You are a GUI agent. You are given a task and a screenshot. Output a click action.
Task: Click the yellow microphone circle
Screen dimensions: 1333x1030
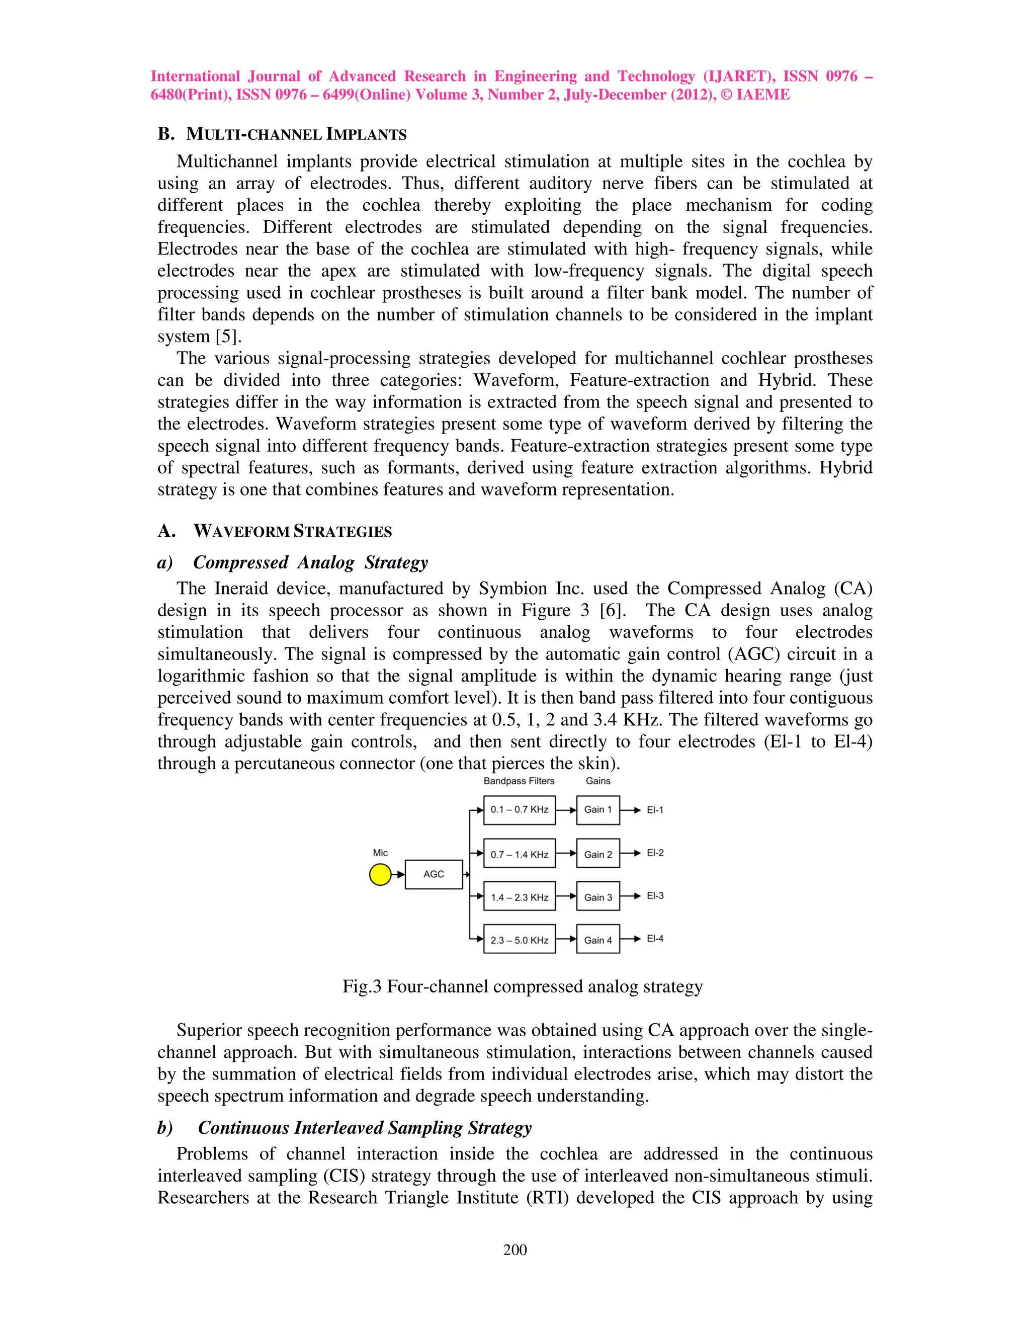pos(380,874)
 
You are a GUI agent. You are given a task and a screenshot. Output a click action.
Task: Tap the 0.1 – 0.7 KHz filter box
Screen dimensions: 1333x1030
pos(519,810)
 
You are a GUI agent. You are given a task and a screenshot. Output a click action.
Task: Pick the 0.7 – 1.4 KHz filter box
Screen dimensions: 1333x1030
pos(519,854)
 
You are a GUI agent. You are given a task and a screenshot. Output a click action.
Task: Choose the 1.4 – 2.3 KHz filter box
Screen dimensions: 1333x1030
pos(519,896)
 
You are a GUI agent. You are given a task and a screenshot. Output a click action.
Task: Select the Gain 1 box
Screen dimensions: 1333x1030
pos(597,810)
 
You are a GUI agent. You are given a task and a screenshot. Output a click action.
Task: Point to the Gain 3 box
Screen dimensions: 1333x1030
pos(597,896)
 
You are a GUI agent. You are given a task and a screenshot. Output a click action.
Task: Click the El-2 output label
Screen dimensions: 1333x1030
pos(655,853)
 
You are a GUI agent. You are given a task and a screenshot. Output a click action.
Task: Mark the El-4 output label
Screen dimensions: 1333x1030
pos(655,938)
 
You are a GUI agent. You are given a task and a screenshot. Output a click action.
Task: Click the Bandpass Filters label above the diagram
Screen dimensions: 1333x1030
pos(519,781)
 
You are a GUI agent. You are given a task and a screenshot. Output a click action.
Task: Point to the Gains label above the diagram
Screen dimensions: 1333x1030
pos(598,781)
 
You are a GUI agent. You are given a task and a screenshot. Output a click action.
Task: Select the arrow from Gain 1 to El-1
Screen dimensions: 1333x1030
pos(630,810)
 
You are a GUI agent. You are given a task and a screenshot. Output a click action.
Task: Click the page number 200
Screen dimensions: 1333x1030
pos(515,1249)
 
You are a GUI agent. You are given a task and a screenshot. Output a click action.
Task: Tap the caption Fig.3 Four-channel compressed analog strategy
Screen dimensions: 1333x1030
pos(523,986)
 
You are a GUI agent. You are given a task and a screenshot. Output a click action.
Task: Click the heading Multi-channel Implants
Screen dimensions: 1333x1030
pos(296,134)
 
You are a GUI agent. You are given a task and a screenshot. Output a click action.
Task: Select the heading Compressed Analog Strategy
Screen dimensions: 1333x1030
pos(310,562)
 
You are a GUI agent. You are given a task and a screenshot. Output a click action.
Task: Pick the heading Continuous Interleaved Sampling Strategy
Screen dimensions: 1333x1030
pos(364,1127)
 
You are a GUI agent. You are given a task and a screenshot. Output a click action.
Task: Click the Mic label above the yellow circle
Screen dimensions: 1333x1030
pos(380,853)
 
